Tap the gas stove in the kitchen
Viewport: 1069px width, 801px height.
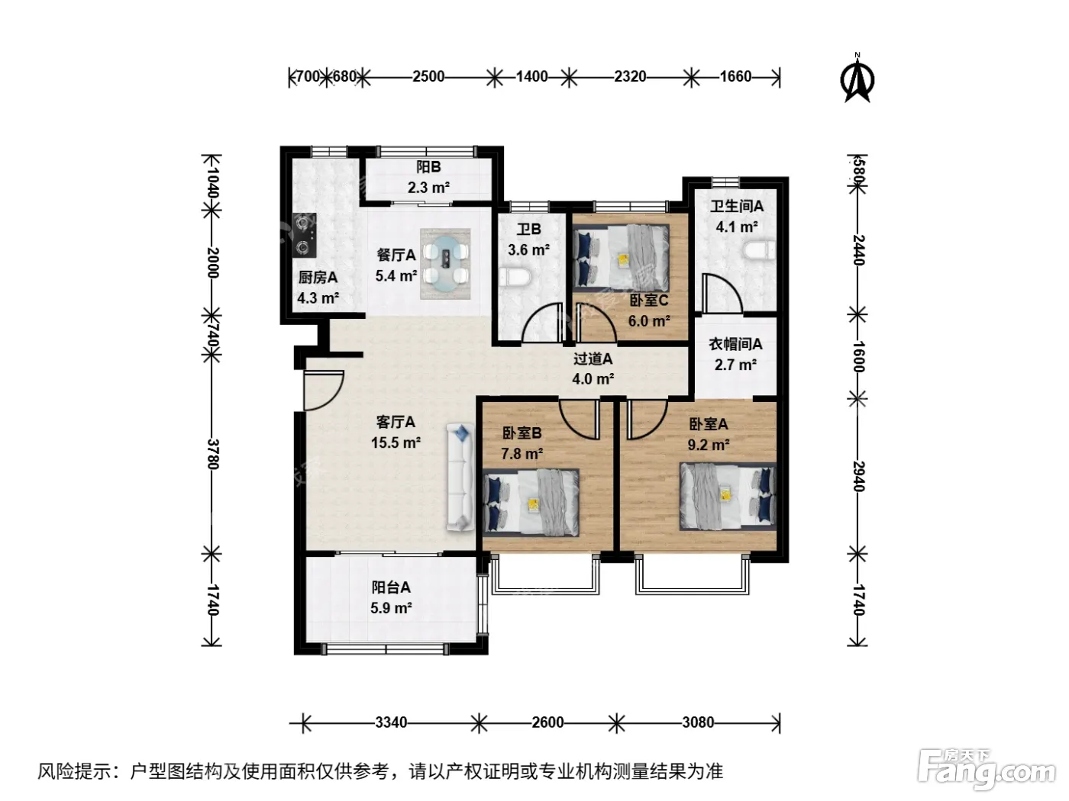point(304,236)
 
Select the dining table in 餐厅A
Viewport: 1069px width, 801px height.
point(445,264)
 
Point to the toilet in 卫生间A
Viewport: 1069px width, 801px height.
point(759,250)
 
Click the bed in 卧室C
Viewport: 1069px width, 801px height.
point(621,258)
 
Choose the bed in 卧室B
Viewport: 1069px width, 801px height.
point(531,503)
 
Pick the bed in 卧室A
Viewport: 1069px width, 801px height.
point(728,497)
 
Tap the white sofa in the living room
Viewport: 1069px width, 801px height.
point(460,477)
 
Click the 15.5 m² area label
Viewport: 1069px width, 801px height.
point(396,442)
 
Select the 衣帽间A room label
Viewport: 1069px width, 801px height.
point(735,344)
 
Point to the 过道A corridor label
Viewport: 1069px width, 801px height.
point(593,359)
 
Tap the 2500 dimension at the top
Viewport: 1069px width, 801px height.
point(428,76)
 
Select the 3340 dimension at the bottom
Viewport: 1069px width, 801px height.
point(391,722)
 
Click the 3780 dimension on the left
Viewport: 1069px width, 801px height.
point(213,454)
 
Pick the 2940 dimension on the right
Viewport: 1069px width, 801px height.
point(858,476)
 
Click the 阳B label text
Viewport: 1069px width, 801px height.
point(428,167)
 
